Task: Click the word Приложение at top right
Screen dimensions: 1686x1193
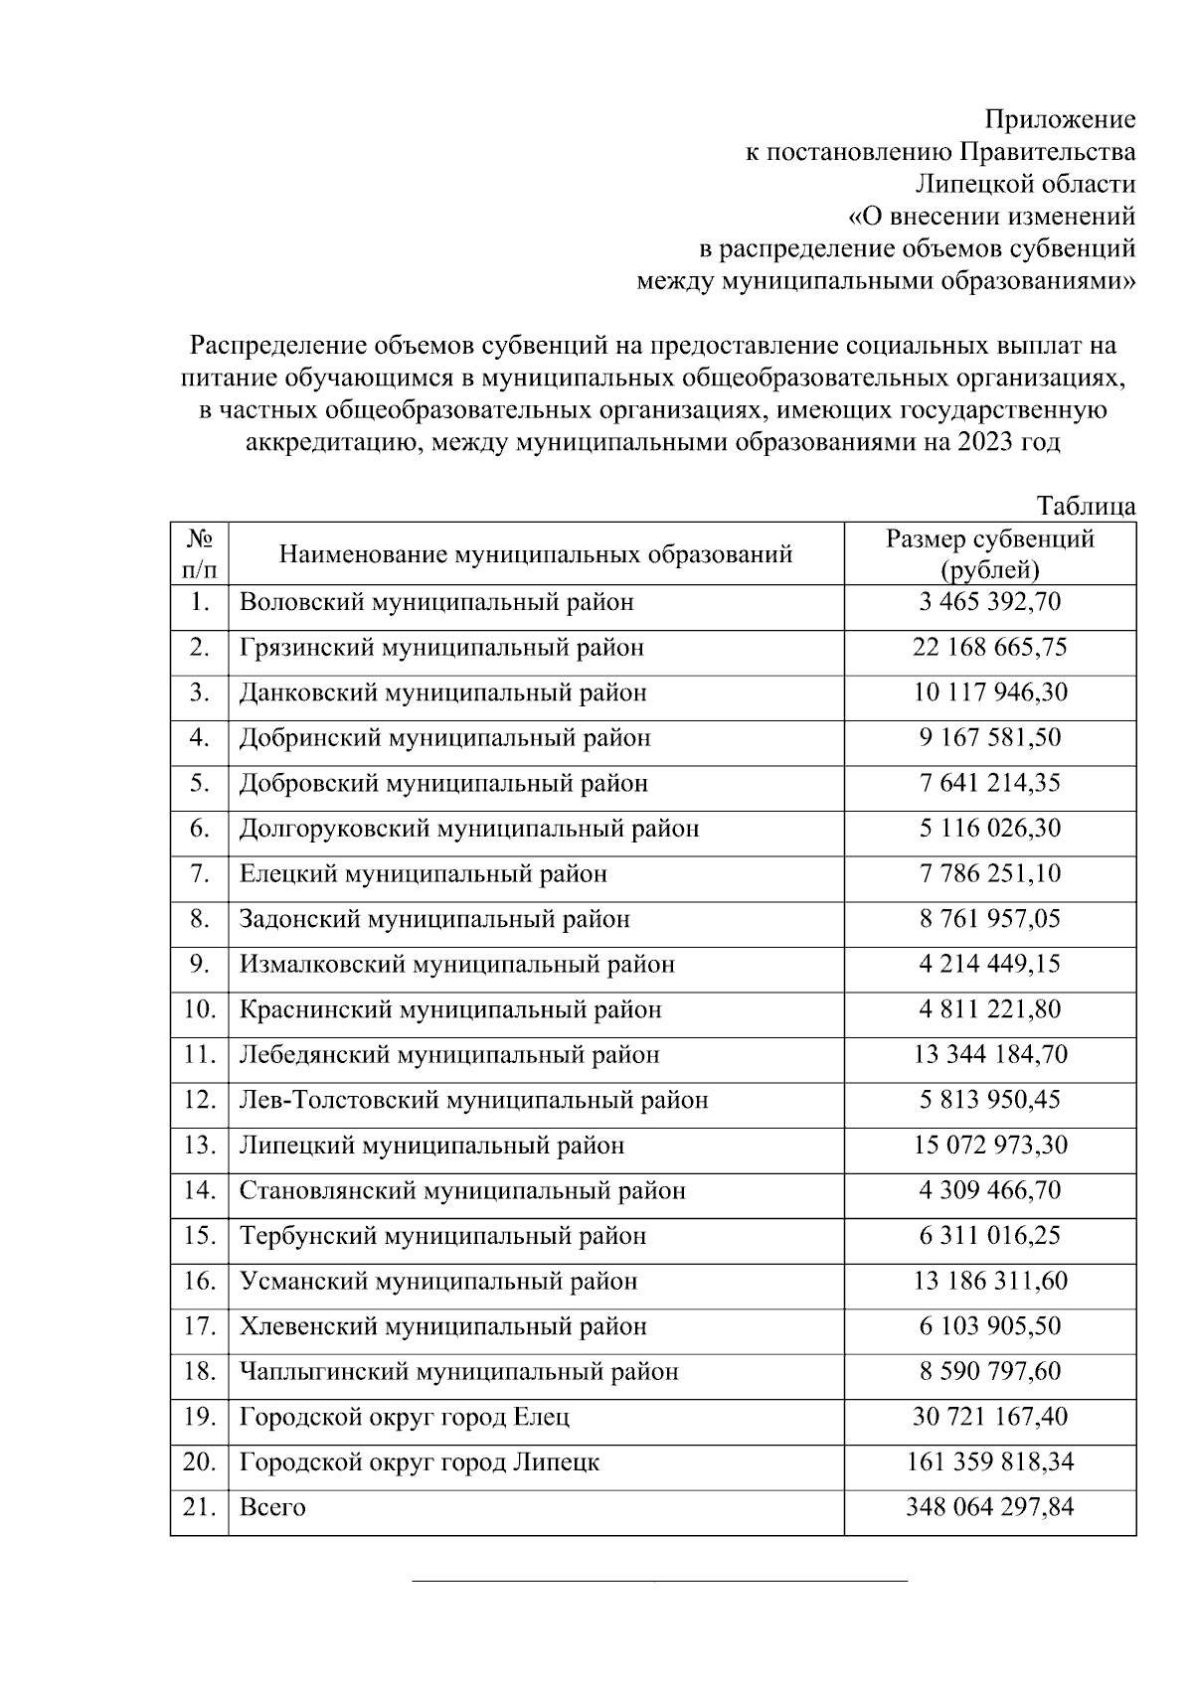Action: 1060,120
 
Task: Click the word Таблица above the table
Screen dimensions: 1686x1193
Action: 1086,506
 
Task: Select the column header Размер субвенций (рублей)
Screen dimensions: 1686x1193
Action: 990,554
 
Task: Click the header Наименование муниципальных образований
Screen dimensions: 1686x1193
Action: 536,554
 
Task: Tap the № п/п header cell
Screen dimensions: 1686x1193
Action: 200,554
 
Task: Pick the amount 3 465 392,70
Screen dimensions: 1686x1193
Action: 990,602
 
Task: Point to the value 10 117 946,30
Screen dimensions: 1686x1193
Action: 990,692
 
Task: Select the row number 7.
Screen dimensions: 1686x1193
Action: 200,874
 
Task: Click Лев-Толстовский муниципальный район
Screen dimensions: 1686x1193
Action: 474,1101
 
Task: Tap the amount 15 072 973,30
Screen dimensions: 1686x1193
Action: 990,1146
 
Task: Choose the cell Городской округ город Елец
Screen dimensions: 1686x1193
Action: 405,1417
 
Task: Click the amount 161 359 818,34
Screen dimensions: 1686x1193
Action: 990,1462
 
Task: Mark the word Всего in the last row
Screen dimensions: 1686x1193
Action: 272,1508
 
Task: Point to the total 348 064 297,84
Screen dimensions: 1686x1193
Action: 990,1508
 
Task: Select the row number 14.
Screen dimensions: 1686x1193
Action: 200,1191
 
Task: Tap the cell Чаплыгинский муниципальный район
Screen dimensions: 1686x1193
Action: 458,1372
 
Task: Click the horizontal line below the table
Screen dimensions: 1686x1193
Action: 660,1579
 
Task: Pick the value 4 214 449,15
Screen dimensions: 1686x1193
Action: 990,965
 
